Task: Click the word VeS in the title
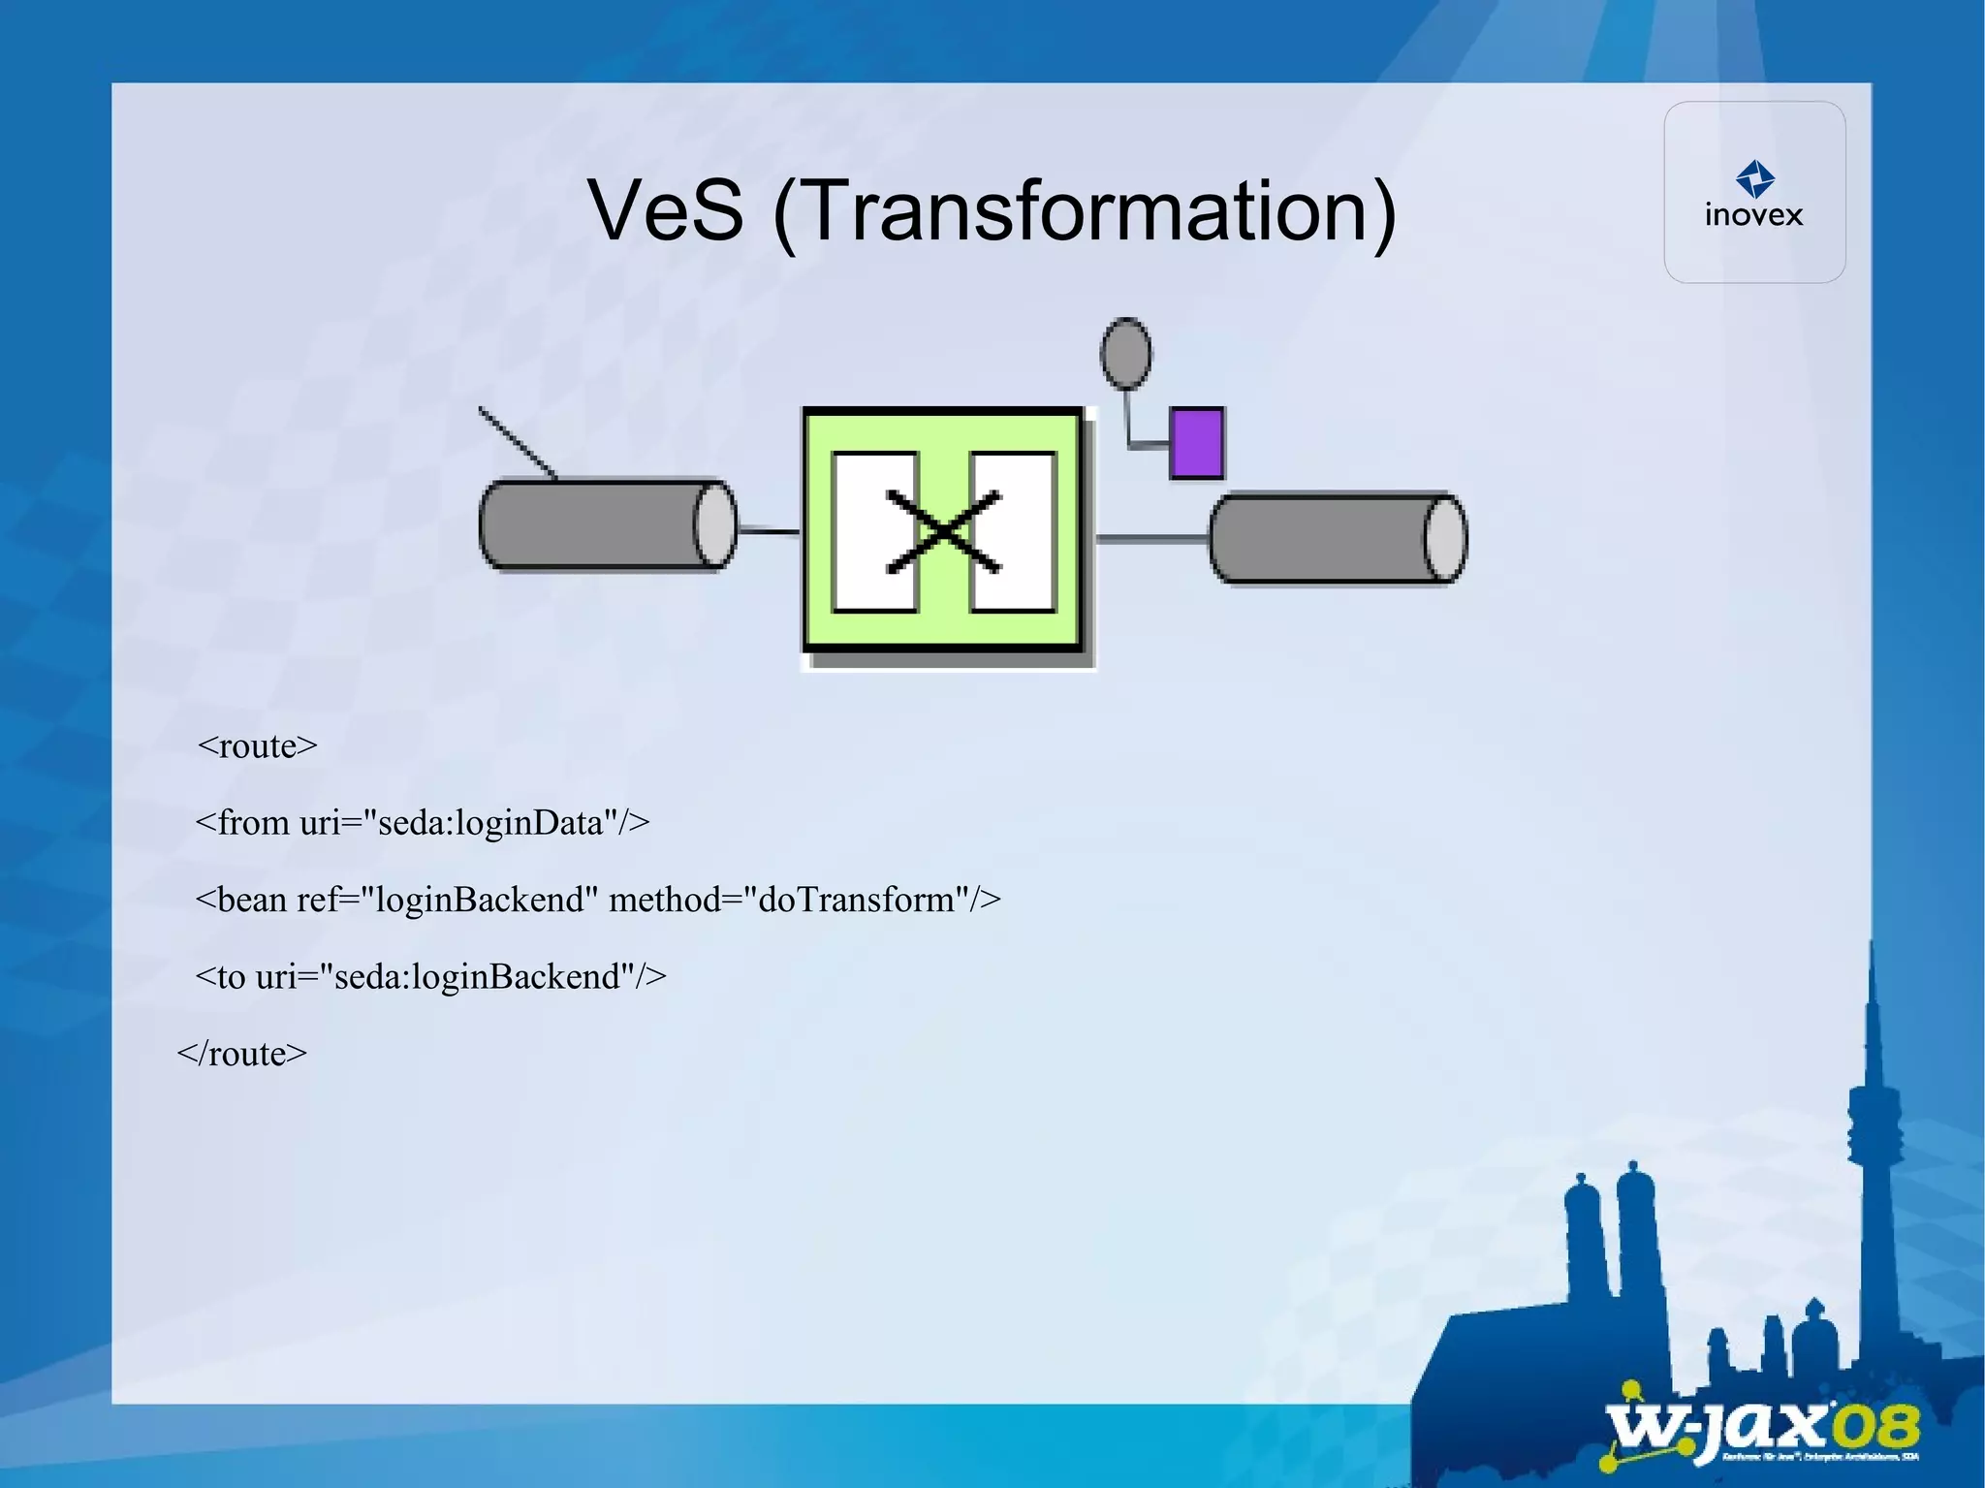click(665, 210)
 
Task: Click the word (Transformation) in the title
click(1085, 212)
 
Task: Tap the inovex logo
click(1754, 195)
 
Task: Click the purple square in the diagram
click(1196, 443)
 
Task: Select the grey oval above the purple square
click(1125, 353)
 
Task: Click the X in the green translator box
click(943, 532)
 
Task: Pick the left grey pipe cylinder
click(606, 524)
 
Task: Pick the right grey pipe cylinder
click(1338, 538)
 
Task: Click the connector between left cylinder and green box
click(768, 531)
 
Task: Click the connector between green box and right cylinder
click(1151, 538)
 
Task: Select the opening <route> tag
click(257, 745)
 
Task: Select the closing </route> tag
click(242, 1054)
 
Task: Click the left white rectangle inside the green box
click(872, 532)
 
